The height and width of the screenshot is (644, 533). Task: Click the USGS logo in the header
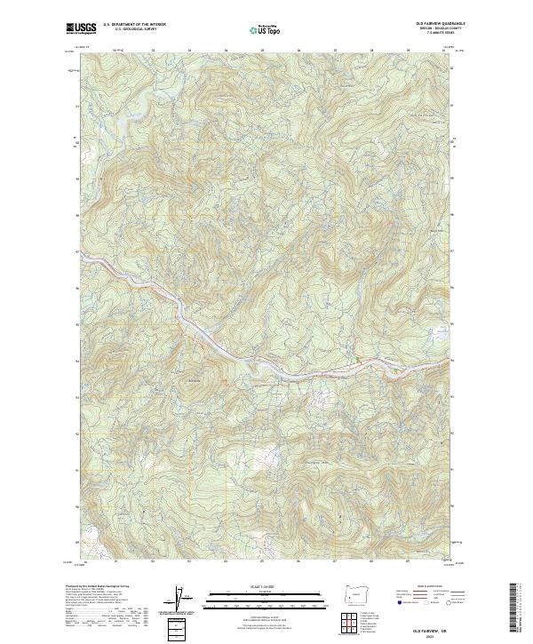pos(81,28)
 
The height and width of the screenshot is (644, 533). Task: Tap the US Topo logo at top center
pos(266,28)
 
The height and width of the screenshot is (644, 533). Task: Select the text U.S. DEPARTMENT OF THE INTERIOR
pos(134,25)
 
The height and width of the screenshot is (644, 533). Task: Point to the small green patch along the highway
pos(357,358)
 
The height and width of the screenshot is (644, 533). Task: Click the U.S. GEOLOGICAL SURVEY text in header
pos(128,29)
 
